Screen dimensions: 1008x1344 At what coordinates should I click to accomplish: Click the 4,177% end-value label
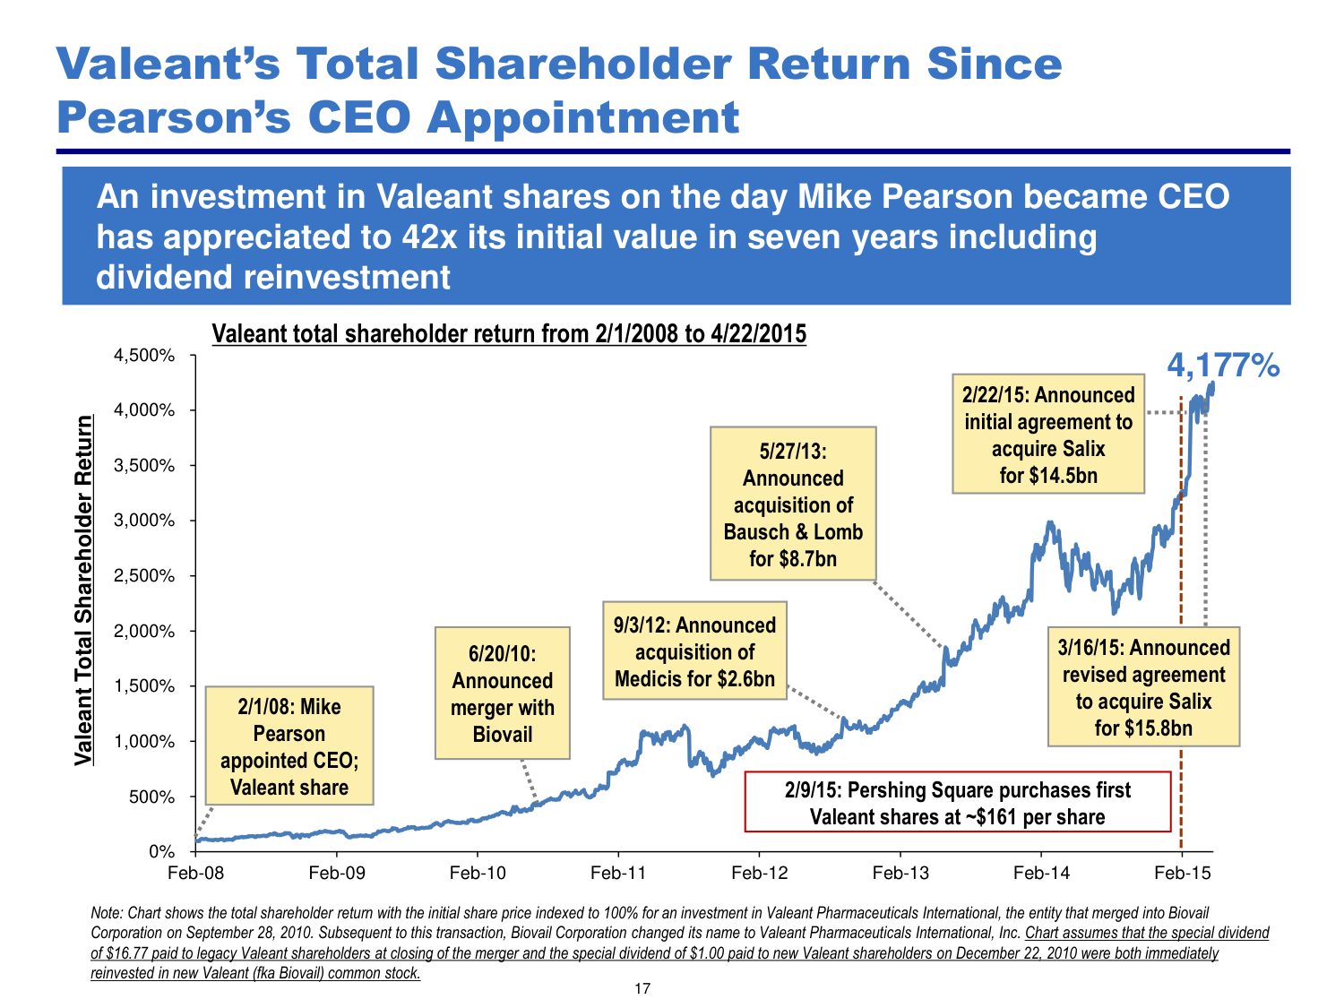click(x=1223, y=366)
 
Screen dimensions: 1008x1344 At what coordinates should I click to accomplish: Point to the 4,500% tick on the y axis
click(x=144, y=356)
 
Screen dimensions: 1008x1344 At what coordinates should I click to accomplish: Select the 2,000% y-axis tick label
click(x=144, y=631)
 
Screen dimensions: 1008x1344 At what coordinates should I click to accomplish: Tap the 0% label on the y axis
click(x=162, y=851)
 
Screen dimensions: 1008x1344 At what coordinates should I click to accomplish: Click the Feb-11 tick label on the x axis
click(x=618, y=873)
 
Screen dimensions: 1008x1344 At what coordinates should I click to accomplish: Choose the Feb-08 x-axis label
click(x=195, y=873)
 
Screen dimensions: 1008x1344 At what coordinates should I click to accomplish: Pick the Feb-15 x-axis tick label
click(x=1182, y=873)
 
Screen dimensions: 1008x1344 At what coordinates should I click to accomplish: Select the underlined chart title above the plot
click(x=509, y=334)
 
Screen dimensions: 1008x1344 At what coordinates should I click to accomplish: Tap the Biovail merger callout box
click(x=502, y=694)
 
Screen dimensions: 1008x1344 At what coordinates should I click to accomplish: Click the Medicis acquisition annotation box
click(x=694, y=651)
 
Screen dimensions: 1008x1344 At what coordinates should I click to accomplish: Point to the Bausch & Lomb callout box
click(x=793, y=504)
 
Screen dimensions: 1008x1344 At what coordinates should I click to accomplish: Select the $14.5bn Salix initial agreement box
click(x=1048, y=435)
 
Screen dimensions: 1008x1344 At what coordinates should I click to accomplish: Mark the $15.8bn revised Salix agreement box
click(x=1143, y=687)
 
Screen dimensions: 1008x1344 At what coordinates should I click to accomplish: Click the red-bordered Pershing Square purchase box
click(x=957, y=803)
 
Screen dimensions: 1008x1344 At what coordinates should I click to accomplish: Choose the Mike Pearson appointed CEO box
click(x=289, y=746)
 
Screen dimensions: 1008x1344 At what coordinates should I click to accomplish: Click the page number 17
click(x=642, y=988)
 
